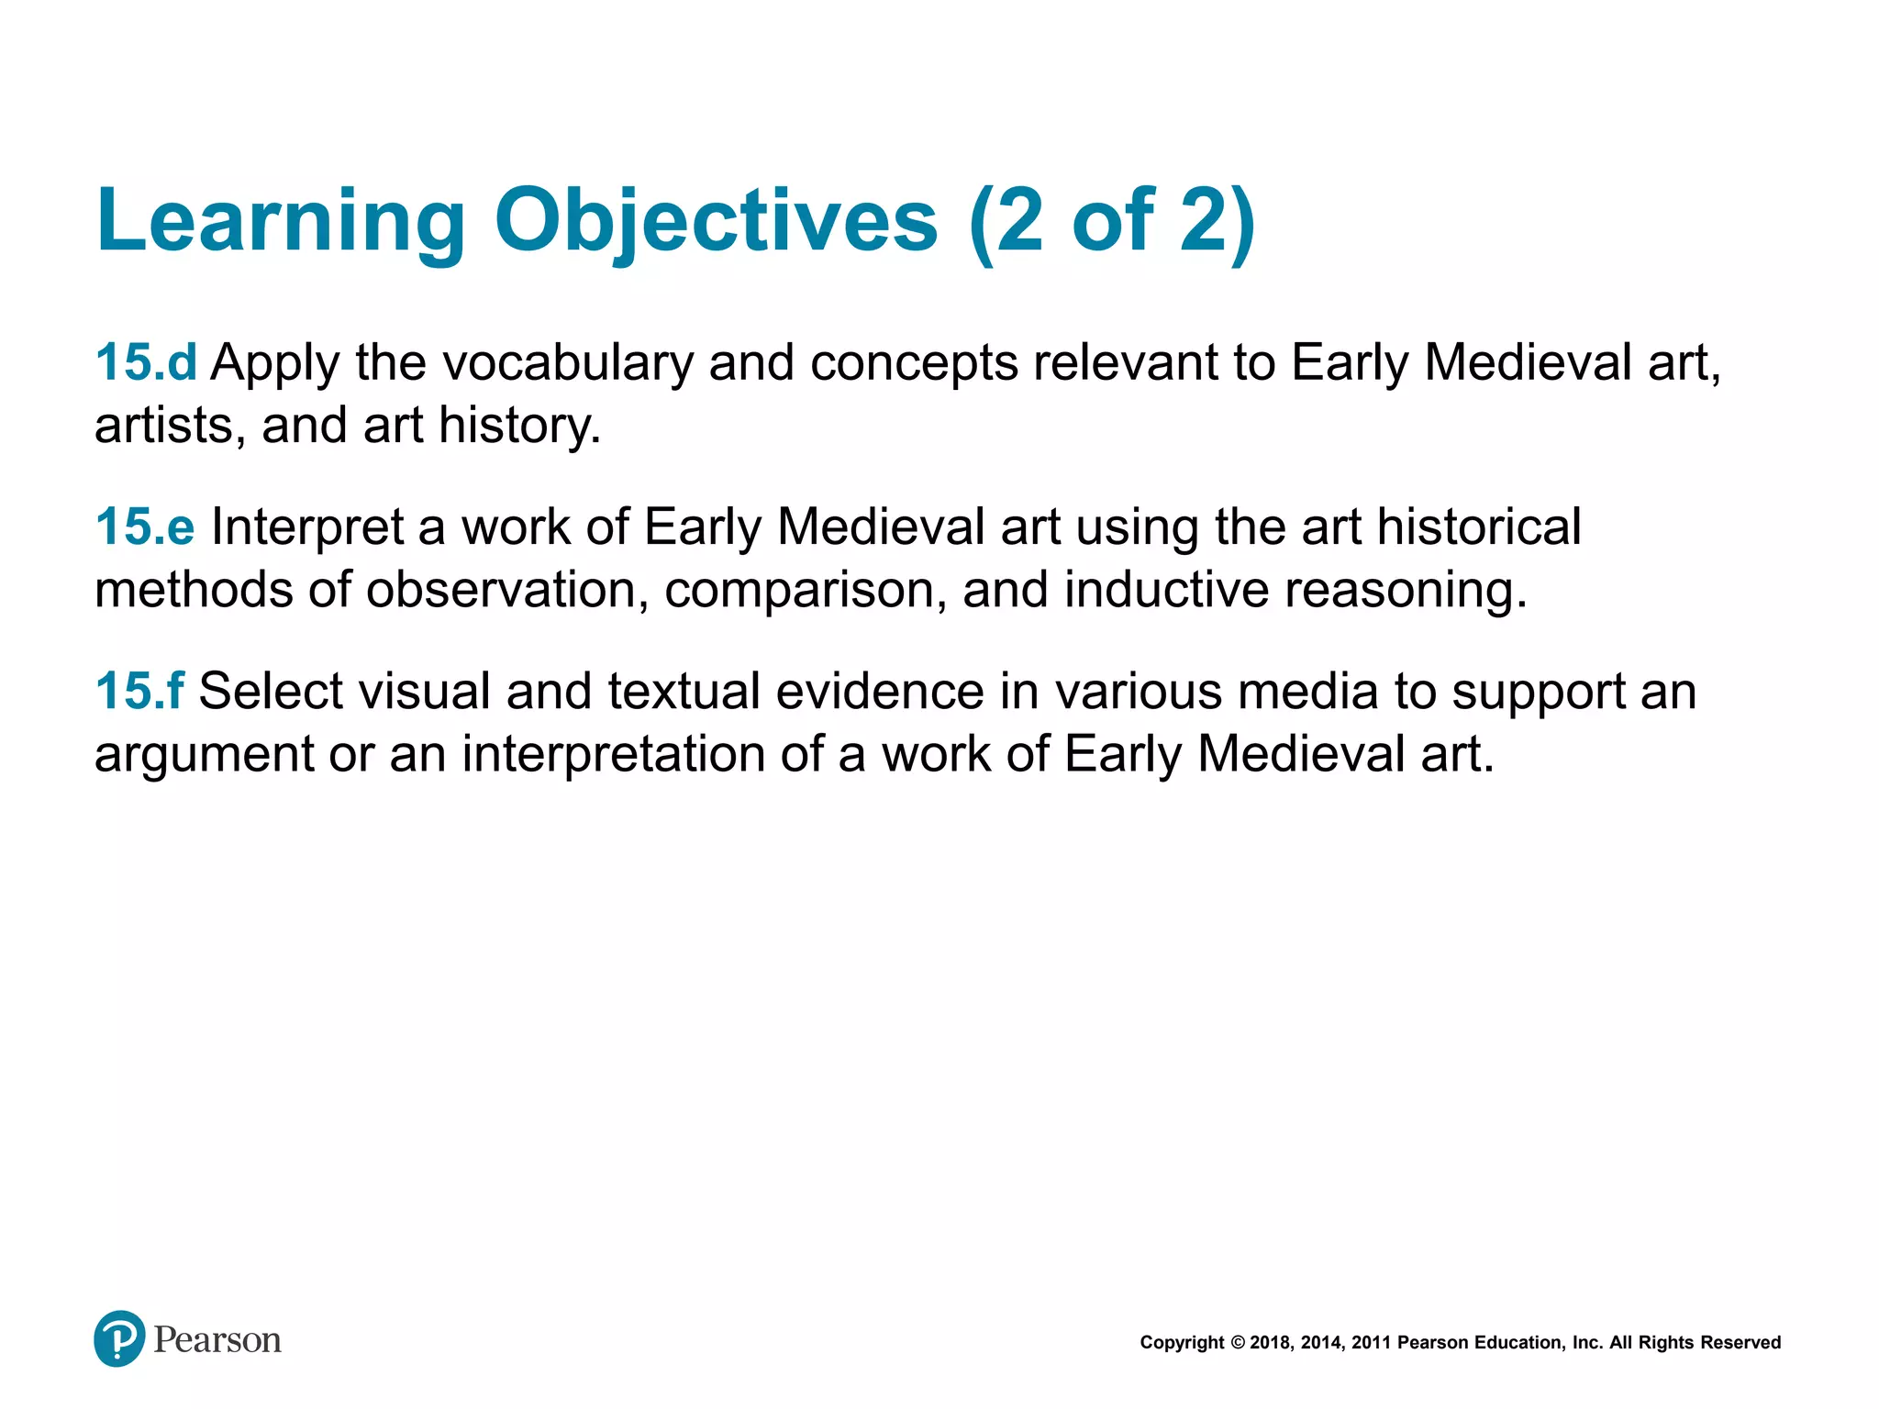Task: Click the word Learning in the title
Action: pos(281,223)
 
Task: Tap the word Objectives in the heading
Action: pos(716,223)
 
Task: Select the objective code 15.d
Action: pos(146,362)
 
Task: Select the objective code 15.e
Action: pos(145,527)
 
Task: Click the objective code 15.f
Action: pos(139,692)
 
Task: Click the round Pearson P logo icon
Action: pos(119,1338)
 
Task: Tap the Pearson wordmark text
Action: pos(217,1340)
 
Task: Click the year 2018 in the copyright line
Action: pos(1271,1343)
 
